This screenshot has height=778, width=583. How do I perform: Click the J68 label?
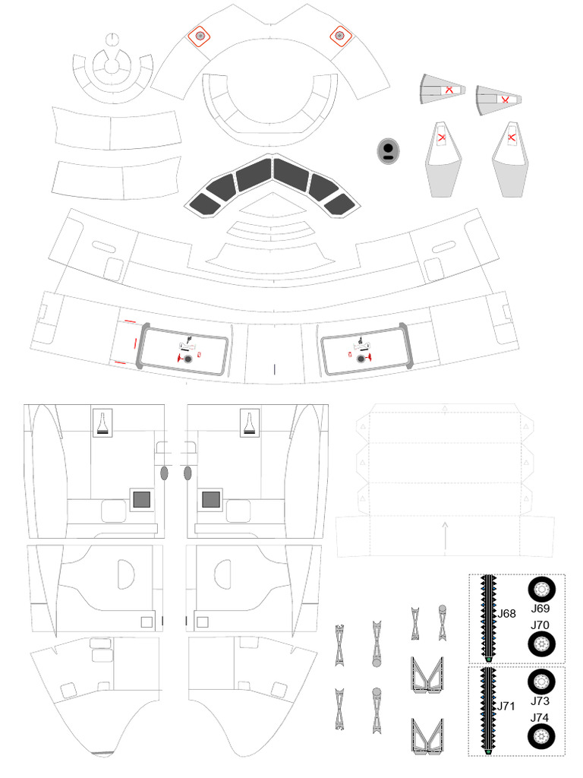point(507,613)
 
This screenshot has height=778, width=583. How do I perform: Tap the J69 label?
point(540,609)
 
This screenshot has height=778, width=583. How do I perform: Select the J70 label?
point(540,625)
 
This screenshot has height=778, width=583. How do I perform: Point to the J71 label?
point(507,706)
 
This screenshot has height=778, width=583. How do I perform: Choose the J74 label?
point(540,717)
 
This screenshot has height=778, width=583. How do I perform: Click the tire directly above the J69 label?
point(541,590)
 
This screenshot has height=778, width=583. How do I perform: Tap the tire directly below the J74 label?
point(541,736)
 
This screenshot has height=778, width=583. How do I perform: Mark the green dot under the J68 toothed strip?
point(489,659)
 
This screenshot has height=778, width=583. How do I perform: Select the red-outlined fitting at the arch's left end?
point(200,35)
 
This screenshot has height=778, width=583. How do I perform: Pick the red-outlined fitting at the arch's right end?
point(339,34)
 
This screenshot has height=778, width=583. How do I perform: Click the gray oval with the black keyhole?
point(387,150)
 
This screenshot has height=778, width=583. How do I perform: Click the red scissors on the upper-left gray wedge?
point(449,90)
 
